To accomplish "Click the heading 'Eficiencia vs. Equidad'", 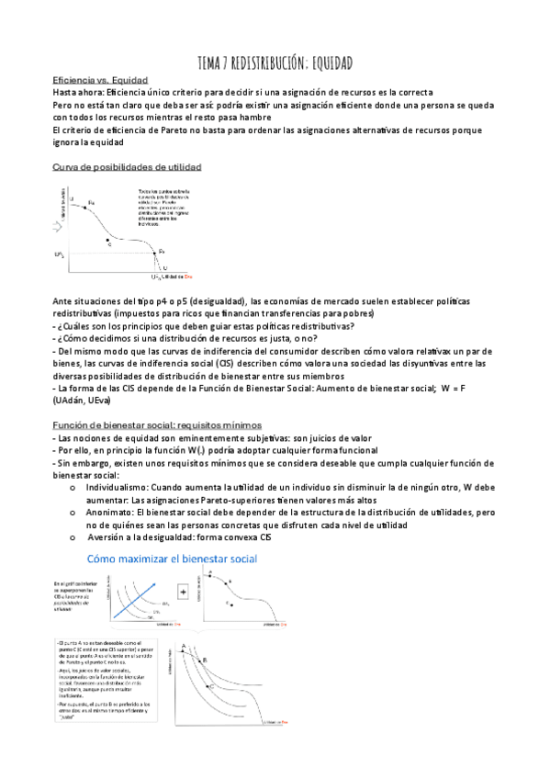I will pyautogui.click(x=101, y=80).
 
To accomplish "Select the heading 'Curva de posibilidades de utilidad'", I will pyautogui.click(x=128, y=167).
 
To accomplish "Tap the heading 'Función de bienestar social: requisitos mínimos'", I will pyautogui.click(x=157, y=425).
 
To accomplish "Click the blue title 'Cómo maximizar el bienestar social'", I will pyautogui.click(x=169, y=559).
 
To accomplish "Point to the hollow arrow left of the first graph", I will pyautogui.click(x=61, y=223).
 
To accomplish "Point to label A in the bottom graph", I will pyautogui.click(x=184, y=646).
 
